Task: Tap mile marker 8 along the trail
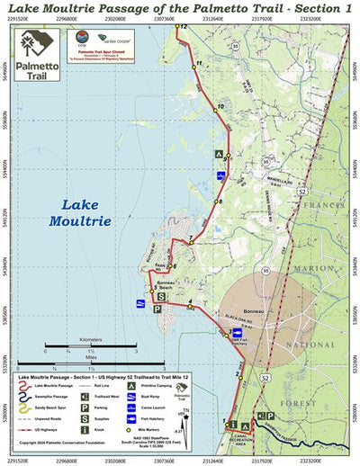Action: point(219,202)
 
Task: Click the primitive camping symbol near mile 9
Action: point(218,155)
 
